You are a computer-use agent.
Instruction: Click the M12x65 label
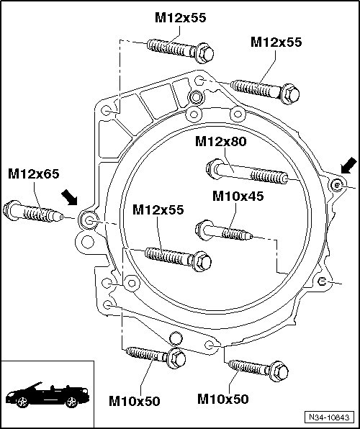34,174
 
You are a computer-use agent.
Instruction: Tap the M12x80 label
220,142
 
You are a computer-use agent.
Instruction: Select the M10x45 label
238,197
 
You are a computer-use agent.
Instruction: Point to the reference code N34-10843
329,417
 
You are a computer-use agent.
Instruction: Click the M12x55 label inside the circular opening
158,210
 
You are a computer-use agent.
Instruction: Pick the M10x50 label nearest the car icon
134,402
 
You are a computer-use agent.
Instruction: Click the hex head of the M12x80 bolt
214,168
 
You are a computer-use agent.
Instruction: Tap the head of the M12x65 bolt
11,210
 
